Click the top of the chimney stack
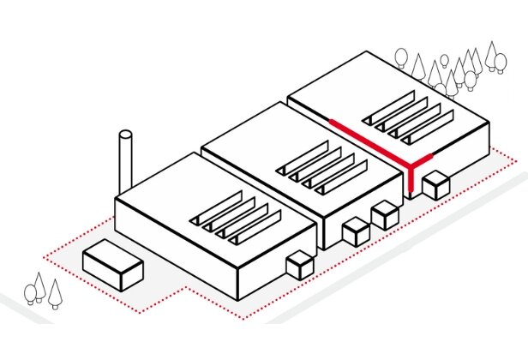(126, 135)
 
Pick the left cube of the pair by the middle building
(355, 231)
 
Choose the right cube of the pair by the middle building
(384, 213)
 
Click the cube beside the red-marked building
(437, 184)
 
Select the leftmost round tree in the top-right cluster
(400, 58)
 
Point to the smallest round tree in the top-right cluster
(444, 61)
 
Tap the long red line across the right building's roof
(360, 137)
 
